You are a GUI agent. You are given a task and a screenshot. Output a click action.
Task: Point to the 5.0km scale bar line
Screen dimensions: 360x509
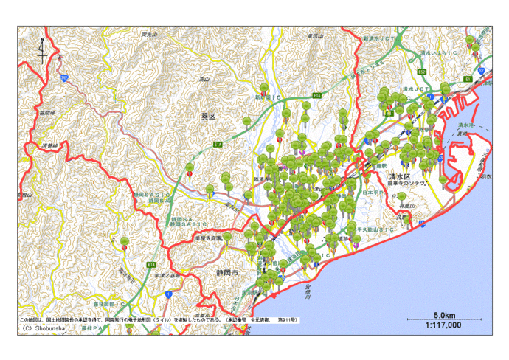(x=443, y=319)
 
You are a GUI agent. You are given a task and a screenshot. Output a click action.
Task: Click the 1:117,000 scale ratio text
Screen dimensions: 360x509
(x=443, y=325)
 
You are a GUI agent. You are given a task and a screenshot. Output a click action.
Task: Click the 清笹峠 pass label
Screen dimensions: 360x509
(x=49, y=145)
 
